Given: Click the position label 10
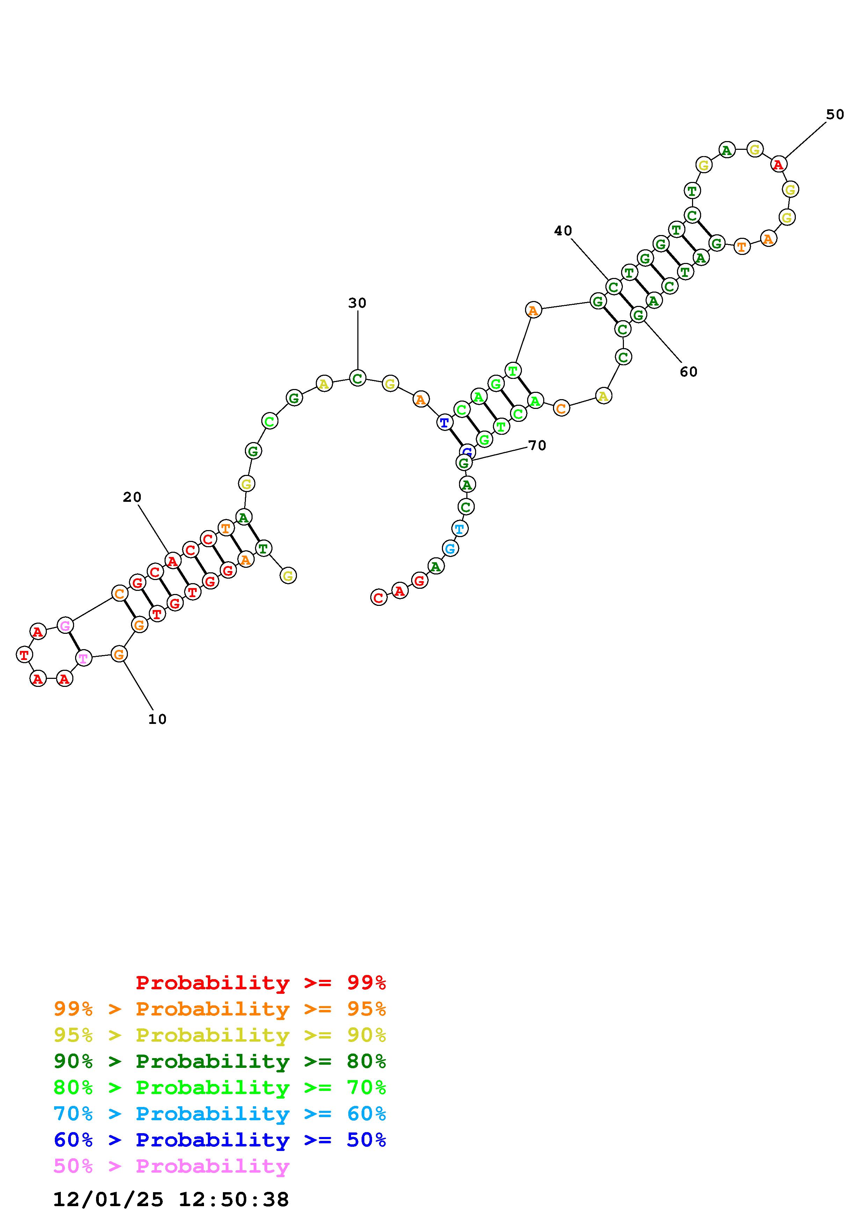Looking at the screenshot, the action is (158, 719).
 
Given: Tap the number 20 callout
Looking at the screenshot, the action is (132, 497).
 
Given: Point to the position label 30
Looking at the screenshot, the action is (357, 303).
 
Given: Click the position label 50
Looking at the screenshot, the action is (835, 115).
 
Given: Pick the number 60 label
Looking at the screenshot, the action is (689, 372).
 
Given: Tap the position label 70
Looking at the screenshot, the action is (537, 446).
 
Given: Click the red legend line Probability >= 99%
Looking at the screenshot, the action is (261, 983).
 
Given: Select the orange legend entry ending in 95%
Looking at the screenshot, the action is (220, 1009).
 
